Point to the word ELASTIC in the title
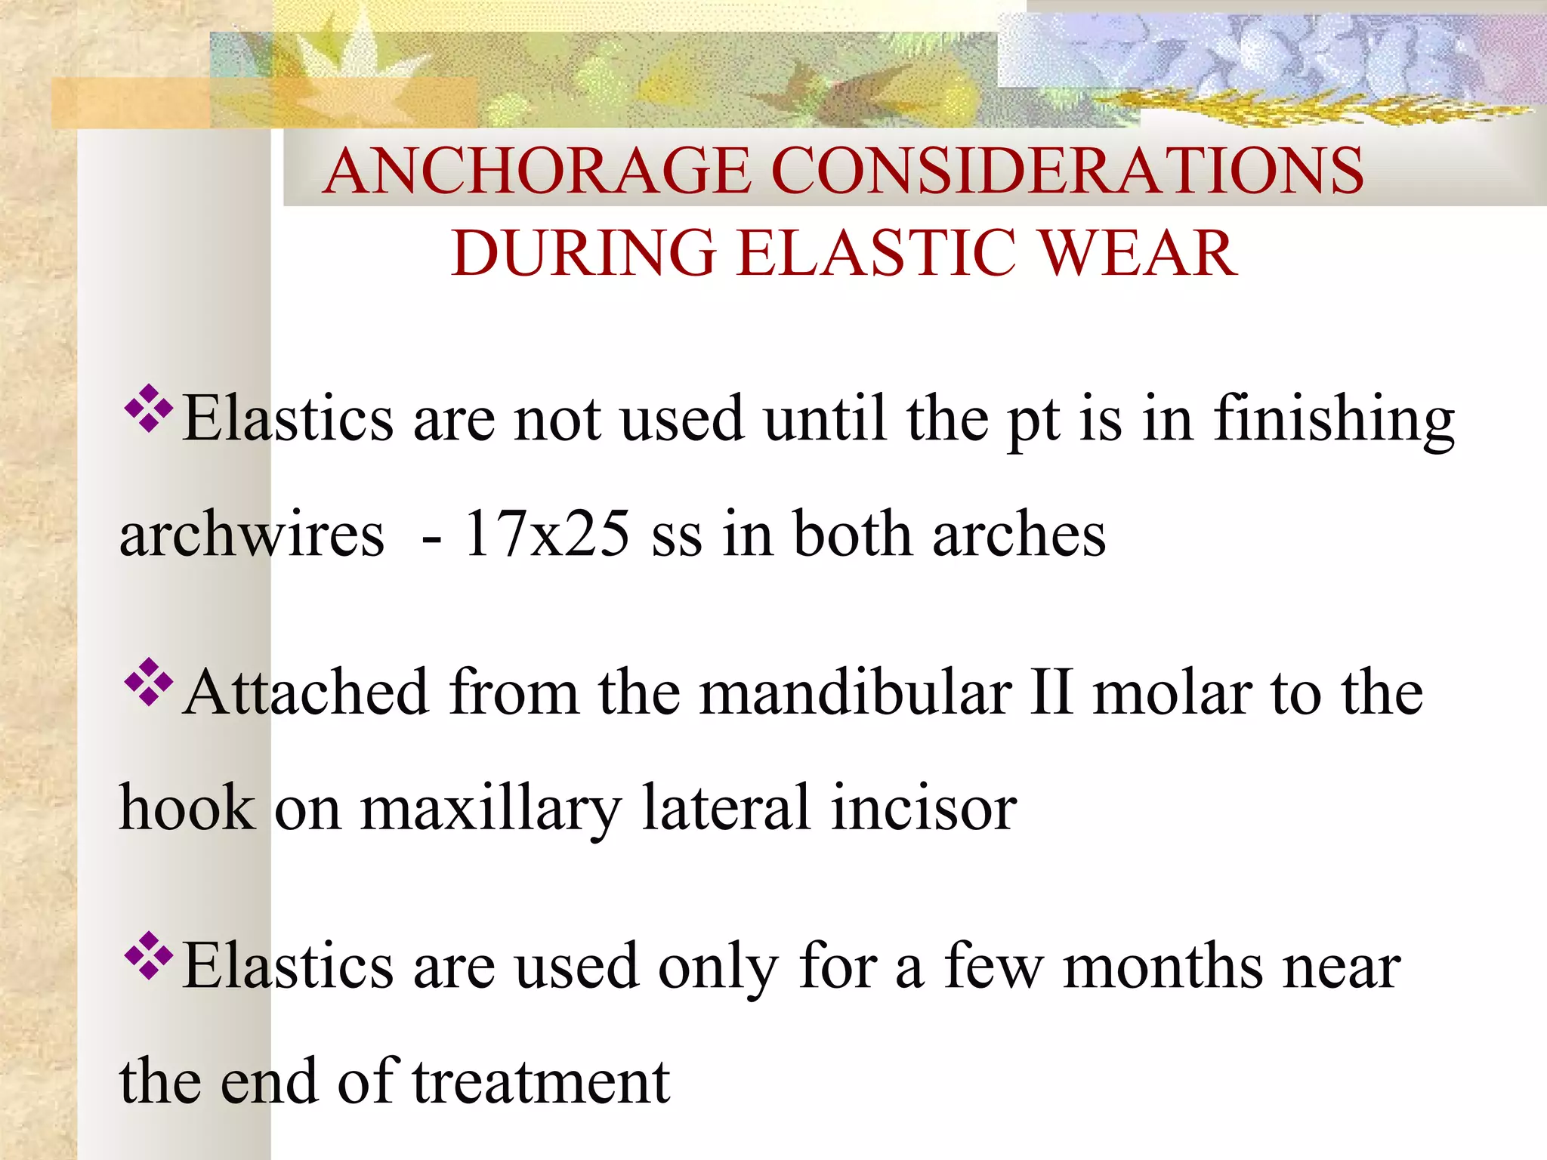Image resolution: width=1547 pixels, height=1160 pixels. click(876, 253)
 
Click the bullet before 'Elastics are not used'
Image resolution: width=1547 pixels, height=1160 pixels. click(149, 409)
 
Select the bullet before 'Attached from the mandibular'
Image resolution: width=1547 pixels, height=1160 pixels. click(149, 682)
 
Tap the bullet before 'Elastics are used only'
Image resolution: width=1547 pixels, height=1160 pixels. click(149, 956)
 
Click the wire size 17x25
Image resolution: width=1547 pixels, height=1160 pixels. click(547, 534)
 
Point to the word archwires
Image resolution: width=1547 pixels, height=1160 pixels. click(252, 534)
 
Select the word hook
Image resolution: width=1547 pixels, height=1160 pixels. click(187, 808)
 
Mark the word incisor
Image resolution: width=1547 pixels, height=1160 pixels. click(924, 808)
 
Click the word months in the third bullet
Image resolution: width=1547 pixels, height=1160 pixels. click(1163, 967)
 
